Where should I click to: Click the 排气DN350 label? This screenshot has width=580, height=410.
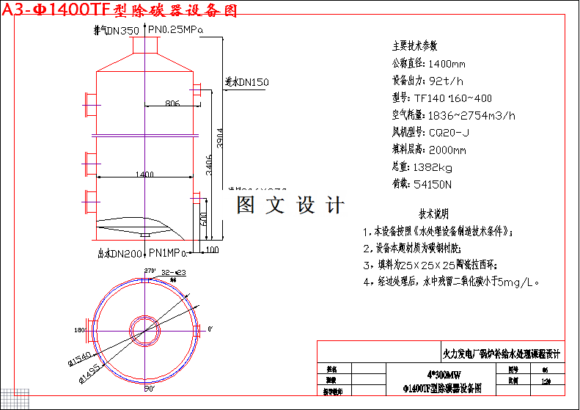tap(116, 31)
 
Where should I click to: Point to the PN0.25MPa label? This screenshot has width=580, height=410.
tap(175, 30)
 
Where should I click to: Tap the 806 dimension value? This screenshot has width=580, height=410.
tap(172, 103)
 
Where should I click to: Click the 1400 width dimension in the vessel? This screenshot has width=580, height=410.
tap(144, 175)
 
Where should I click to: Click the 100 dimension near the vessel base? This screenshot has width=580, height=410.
tap(212, 251)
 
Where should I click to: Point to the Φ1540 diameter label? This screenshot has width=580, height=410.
tap(78, 356)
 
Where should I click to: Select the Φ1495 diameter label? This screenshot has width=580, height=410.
tap(88, 373)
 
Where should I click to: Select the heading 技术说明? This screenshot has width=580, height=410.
tap(433, 215)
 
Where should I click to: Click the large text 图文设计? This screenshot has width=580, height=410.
tap(290, 205)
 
